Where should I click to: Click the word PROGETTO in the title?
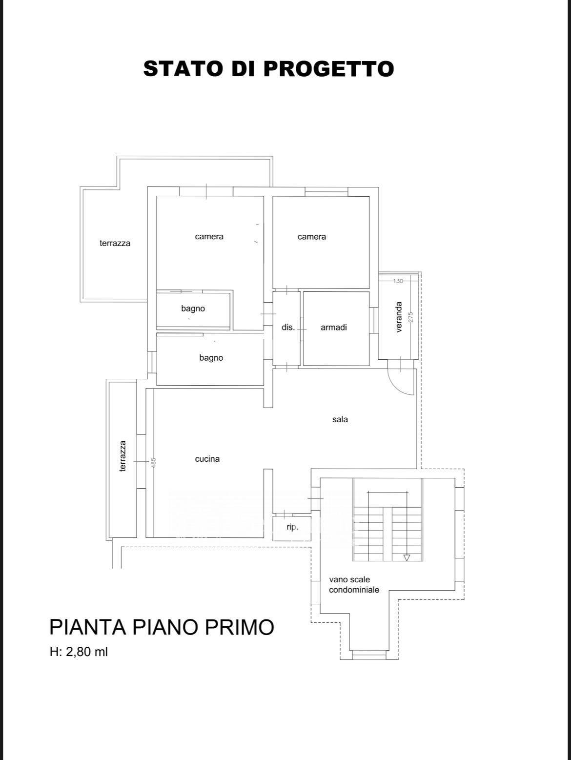tap(329, 68)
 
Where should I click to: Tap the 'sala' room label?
tap(340, 419)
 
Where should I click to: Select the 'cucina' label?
tap(207, 459)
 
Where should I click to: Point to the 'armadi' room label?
tap(334, 327)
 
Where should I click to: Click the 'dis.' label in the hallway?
tap(288, 327)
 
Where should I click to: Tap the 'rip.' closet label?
tap(292, 528)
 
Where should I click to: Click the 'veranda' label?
tap(399, 317)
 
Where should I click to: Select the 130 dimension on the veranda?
tap(398, 281)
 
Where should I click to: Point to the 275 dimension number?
tap(411, 317)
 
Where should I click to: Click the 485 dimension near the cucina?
tap(154, 463)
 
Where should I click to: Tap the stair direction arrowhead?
tap(407, 558)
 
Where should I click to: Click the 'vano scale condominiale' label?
tap(354, 584)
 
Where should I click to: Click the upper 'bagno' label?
tap(193, 308)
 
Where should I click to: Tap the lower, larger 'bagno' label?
tap(211, 358)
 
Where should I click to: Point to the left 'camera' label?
tap(209, 236)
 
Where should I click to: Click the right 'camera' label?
tap(312, 236)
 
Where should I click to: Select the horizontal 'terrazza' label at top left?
tap(115, 243)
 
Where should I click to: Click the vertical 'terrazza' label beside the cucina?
tap(122, 456)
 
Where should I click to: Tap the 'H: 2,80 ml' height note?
tap(79, 652)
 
